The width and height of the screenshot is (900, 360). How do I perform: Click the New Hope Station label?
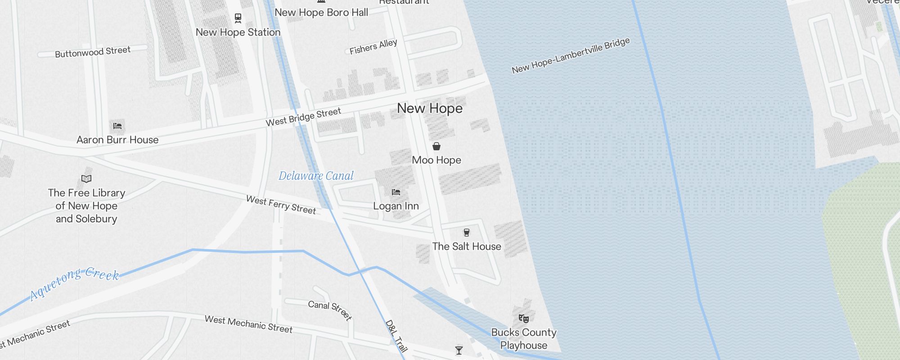(238, 32)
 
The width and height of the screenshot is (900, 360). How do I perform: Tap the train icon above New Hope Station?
(238, 18)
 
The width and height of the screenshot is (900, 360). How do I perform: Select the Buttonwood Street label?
(93, 52)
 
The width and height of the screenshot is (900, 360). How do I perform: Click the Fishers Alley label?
(373, 46)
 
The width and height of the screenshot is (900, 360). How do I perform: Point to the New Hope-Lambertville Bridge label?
(571, 56)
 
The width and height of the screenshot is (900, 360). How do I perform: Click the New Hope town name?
(430, 108)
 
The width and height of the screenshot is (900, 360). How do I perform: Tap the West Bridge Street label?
(303, 117)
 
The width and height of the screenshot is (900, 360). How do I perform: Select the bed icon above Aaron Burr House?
(117, 126)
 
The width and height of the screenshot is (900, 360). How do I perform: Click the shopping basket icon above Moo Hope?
(436, 146)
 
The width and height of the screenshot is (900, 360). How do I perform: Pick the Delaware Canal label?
(316, 176)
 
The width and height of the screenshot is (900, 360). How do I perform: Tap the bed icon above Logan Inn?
(396, 192)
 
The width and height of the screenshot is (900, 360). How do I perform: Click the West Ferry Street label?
(281, 205)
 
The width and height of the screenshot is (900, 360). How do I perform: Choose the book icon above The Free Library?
(86, 179)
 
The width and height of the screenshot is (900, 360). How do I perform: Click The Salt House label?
(467, 247)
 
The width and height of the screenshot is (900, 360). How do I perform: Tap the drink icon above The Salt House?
(467, 233)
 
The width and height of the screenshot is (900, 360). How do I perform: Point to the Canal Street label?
(330, 310)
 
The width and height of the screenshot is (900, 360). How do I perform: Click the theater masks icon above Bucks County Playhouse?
(523, 319)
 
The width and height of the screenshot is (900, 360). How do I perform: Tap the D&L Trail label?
(396, 336)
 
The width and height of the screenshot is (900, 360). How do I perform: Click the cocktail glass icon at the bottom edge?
(459, 350)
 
